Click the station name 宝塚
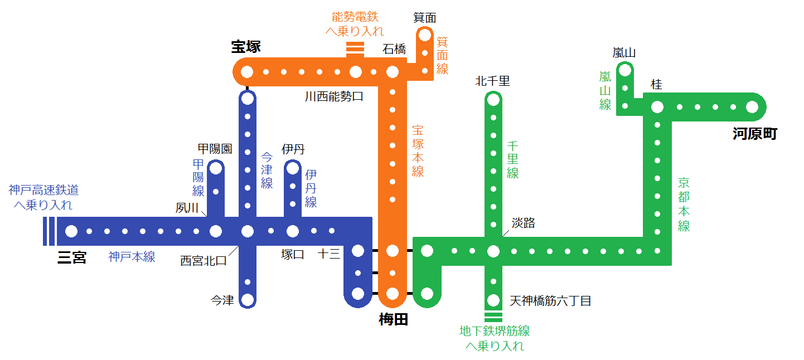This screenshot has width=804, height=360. pyautogui.click(x=246, y=47)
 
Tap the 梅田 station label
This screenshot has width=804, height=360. pyautogui.click(x=393, y=319)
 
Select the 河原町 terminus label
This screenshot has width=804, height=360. pyautogui.click(x=754, y=134)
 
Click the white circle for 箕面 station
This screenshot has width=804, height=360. pyautogui.click(x=425, y=35)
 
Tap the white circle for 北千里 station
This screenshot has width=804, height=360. pyautogui.click(x=493, y=100)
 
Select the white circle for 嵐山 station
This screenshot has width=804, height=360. pyautogui.click(x=625, y=70)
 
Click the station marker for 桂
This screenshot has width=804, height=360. pyautogui.click(x=657, y=107)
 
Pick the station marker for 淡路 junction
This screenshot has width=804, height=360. pyautogui.click(x=493, y=251)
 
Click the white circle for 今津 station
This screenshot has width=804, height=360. pyautogui.click(x=247, y=299)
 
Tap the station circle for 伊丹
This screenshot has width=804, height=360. pyautogui.click(x=293, y=168)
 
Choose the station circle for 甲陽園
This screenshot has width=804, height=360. pyautogui.click(x=216, y=168)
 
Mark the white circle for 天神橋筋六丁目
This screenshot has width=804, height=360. pyautogui.click(x=493, y=299)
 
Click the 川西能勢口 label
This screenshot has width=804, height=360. pyautogui.click(x=334, y=96)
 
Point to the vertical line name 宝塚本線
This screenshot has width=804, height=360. pyautogui.click(x=418, y=151)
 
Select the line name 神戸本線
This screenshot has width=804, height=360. pyautogui.click(x=132, y=257)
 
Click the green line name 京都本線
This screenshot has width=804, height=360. pyautogui.click(x=684, y=204)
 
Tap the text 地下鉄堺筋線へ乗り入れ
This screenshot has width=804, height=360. pyautogui.click(x=495, y=338)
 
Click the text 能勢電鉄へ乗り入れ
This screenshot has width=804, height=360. pyautogui.click(x=355, y=23)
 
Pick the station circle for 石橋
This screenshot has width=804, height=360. pyautogui.click(x=393, y=72)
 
